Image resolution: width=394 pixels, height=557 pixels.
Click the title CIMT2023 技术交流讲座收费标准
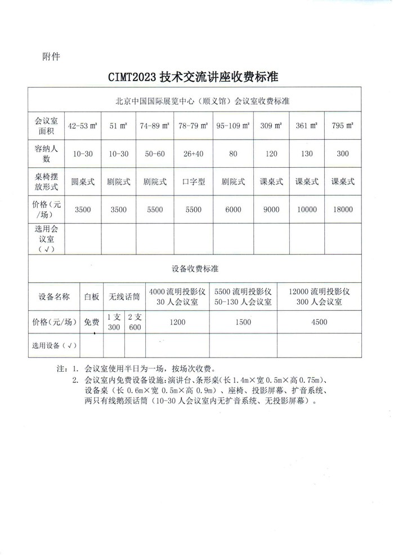point(196,77)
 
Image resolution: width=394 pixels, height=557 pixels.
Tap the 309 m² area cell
point(271,126)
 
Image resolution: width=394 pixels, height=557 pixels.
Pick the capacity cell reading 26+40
point(193,154)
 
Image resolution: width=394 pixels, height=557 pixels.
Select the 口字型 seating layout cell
point(193,182)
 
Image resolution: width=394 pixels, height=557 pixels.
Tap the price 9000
point(271,210)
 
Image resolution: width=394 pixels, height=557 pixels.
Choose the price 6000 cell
point(232,210)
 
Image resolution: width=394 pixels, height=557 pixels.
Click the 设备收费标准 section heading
point(196,269)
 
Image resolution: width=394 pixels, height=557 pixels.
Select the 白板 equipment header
point(92,296)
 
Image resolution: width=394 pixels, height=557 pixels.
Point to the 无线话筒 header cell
point(124,296)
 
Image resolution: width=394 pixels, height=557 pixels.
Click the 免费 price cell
point(92,323)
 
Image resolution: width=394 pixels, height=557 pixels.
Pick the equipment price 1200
point(177,323)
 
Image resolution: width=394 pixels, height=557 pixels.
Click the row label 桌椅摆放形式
point(46,182)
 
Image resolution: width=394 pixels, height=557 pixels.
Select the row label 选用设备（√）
point(54,345)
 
